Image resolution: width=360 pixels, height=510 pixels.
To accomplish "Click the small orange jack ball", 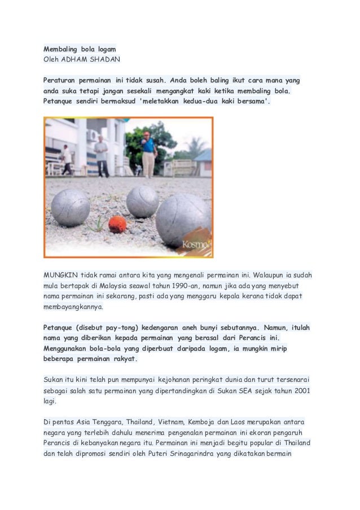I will point(117,224).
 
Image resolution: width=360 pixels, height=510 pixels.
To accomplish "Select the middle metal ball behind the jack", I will point(142,202).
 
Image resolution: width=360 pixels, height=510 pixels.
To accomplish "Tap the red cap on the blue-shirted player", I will point(147,134).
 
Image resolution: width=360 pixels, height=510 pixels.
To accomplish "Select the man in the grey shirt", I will point(102,156).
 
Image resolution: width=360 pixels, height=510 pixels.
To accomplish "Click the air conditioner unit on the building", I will point(91,136).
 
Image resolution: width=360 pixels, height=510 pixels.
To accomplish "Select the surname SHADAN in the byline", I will point(107,58).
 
